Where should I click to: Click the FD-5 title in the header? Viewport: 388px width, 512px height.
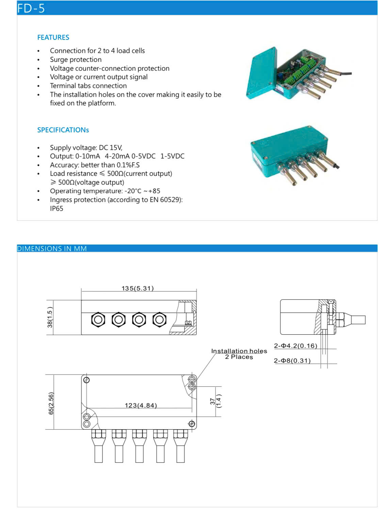click(31, 8)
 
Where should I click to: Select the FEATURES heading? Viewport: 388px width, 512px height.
click(53, 37)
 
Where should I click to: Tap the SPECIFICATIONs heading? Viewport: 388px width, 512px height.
click(63, 130)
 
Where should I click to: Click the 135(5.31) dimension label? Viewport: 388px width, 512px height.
click(138, 288)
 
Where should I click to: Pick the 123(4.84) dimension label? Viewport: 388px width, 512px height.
click(141, 406)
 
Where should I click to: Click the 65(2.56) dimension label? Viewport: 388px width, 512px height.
click(51, 403)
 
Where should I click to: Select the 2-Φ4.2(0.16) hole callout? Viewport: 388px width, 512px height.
click(295, 346)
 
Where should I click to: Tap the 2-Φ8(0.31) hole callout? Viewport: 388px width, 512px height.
click(292, 361)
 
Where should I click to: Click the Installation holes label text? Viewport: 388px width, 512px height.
click(239, 351)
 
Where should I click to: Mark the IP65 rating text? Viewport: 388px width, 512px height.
click(56, 209)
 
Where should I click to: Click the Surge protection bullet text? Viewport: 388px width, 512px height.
click(76, 60)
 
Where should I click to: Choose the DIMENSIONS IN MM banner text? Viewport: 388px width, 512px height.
click(52, 249)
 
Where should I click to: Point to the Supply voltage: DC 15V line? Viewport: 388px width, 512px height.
click(86, 148)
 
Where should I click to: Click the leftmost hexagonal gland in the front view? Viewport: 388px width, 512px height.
click(98, 320)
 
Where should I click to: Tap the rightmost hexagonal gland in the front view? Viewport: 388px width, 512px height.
click(159, 320)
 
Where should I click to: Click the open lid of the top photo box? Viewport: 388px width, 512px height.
click(261, 73)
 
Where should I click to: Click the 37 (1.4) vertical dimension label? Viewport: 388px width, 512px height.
click(215, 401)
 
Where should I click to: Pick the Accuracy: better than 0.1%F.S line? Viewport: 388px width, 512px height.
click(95, 165)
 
